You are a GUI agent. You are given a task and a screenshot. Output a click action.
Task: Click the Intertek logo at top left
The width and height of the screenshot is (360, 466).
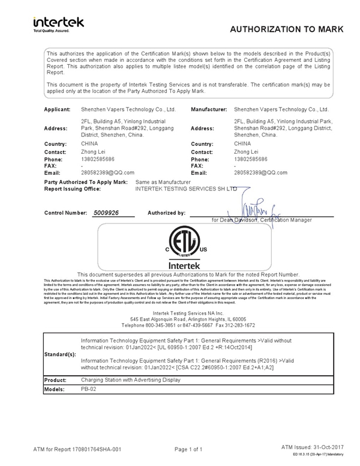pyautogui.click(x=59, y=24)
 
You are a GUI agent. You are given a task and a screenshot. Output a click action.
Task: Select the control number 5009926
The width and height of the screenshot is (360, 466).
pyautogui.click(x=106, y=213)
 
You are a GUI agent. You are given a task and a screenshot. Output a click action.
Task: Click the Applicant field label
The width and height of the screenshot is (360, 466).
pyautogui.click(x=58, y=110)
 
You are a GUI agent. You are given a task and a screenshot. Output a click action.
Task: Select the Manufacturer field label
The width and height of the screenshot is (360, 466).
pyautogui.click(x=209, y=110)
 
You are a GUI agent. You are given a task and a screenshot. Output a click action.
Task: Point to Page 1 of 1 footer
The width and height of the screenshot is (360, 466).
pyautogui.click(x=188, y=449)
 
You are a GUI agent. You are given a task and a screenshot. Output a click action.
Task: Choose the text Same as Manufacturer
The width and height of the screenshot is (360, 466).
pyautogui.click(x=163, y=181)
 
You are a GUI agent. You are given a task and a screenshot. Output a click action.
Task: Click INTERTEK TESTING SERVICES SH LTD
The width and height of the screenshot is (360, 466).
pyautogui.click(x=187, y=189)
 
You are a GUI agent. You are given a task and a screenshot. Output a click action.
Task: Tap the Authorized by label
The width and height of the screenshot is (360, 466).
pyautogui.click(x=167, y=213)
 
